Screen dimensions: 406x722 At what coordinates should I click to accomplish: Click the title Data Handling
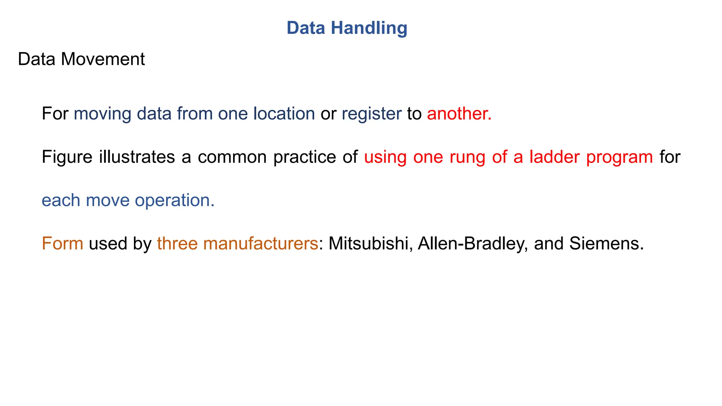tap(347, 28)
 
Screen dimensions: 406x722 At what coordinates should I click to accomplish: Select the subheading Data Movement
tap(81, 59)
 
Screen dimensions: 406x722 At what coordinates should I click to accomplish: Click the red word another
tap(459, 113)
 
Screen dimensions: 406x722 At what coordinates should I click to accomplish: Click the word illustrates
tap(137, 157)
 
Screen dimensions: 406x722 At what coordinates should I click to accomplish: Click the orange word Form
tap(62, 243)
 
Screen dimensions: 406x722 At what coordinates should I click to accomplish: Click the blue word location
tap(284, 113)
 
